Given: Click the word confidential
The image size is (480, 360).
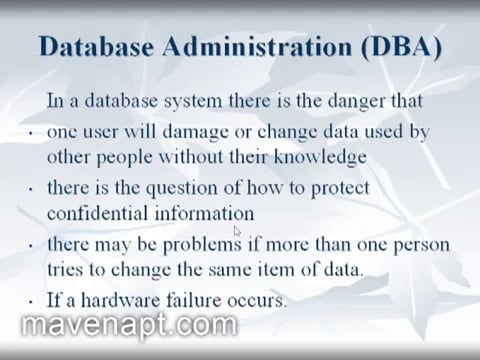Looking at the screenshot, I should [x=97, y=212].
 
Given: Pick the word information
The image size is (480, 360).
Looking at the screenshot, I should [x=204, y=212].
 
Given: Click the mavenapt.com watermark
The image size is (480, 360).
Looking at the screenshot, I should [x=129, y=325].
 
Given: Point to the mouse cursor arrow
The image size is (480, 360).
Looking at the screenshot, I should [x=237, y=232].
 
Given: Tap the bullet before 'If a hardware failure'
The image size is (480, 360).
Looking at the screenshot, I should [x=30, y=300].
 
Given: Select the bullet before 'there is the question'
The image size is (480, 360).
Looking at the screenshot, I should [x=30, y=189].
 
